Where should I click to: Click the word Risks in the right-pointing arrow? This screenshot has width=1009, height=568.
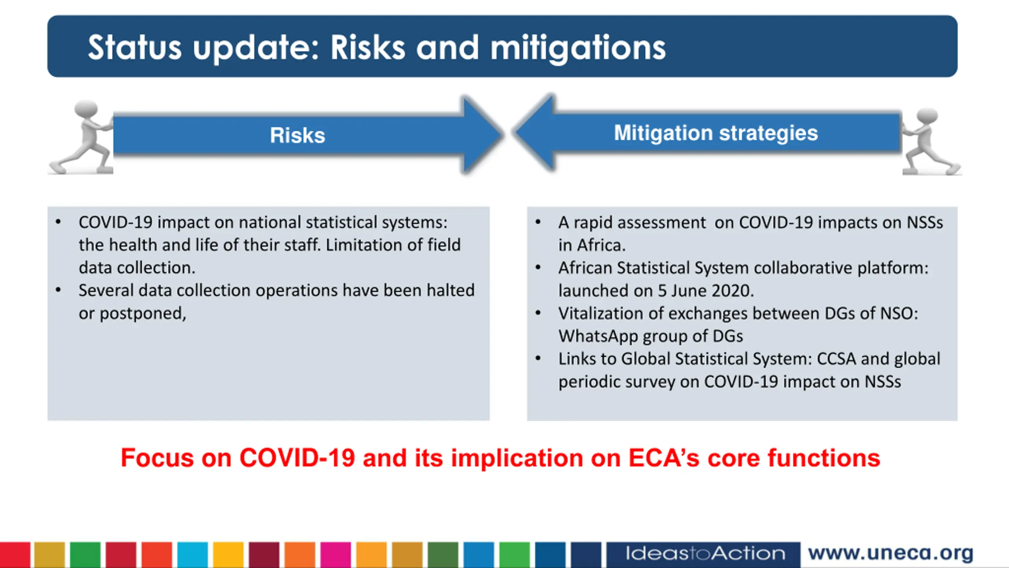click(x=298, y=135)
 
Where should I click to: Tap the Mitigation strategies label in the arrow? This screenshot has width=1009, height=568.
click(x=716, y=133)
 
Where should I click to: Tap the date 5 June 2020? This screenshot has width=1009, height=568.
click(x=706, y=291)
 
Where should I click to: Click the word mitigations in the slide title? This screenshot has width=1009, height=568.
click(x=578, y=48)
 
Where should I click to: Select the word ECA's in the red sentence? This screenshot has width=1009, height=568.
click(x=664, y=458)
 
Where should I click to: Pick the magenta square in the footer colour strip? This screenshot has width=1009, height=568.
click(x=335, y=555)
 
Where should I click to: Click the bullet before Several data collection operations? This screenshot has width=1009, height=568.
click(x=58, y=290)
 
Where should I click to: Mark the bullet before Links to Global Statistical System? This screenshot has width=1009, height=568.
click(x=538, y=359)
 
